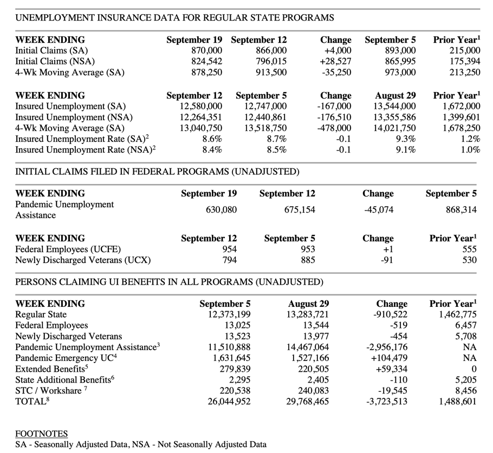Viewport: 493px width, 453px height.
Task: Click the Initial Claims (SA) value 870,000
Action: (204, 51)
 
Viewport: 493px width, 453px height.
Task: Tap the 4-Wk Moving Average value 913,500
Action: (269, 73)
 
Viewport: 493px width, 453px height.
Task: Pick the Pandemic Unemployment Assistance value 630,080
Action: (221, 210)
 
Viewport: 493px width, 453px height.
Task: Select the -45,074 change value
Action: (379, 210)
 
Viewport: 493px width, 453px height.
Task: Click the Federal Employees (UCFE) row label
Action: (68, 250)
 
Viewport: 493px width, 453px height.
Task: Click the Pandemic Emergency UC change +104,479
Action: (386, 358)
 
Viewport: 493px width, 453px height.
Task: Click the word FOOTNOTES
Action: (41, 434)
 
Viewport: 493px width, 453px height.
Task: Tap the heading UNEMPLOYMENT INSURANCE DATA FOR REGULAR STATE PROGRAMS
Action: (174, 18)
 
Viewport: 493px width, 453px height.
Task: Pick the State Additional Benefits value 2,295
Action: (238, 380)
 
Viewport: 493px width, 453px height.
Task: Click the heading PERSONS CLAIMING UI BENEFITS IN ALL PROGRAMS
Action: (169, 282)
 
